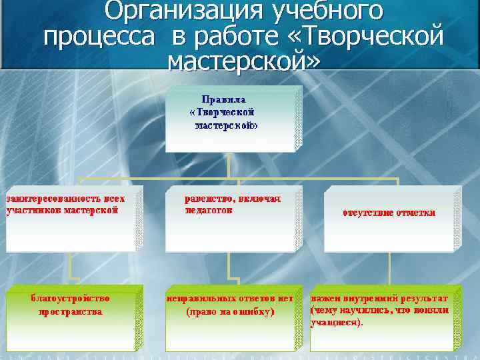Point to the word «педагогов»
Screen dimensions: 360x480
(209, 210)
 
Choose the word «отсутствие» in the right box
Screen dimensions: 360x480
(368, 213)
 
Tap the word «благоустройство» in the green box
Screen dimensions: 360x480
(70, 298)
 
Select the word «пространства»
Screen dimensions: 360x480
(70, 311)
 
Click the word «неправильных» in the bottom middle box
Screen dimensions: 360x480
(200, 298)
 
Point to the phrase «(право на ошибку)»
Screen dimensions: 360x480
(230, 311)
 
